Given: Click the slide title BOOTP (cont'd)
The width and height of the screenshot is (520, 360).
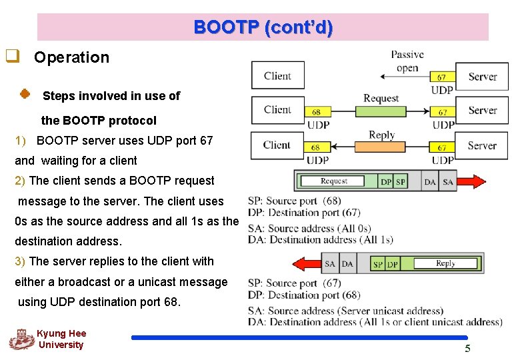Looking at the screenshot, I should pyautogui.click(x=263, y=27).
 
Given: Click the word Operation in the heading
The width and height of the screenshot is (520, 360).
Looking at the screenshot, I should pyautogui.click(x=71, y=57).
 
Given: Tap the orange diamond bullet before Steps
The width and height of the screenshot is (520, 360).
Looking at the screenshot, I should pyautogui.click(x=23, y=95).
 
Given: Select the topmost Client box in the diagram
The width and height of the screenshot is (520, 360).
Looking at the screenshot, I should pyautogui.click(x=277, y=75).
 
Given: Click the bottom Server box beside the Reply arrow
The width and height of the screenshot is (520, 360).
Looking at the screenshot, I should pyautogui.click(x=481, y=145).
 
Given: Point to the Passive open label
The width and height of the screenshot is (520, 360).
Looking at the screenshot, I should pyautogui.click(x=407, y=61).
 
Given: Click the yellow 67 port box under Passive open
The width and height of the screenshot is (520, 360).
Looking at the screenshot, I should pyautogui.click(x=442, y=77).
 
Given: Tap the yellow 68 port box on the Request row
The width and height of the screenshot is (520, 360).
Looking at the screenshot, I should pyautogui.click(x=316, y=112).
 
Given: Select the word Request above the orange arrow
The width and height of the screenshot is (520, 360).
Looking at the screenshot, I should pyautogui.click(x=381, y=99).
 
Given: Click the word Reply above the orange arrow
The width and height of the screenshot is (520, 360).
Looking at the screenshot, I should pyautogui.click(x=381, y=135).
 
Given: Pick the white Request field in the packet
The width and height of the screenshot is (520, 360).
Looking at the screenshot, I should pyautogui.click(x=333, y=181).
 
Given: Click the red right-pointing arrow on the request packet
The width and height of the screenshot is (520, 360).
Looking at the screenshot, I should pyautogui.click(x=472, y=181).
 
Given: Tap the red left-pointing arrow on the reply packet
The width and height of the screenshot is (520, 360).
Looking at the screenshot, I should pyautogui.click(x=307, y=264).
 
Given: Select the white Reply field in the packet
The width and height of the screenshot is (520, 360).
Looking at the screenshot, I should pyautogui.click(x=445, y=264).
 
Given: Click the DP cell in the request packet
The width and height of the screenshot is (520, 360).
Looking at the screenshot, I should pyautogui.click(x=386, y=181).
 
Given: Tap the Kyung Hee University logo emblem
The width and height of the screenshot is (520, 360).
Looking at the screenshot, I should pyautogui.click(x=21, y=339).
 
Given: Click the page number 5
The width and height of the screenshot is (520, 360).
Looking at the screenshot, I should pyautogui.click(x=467, y=349).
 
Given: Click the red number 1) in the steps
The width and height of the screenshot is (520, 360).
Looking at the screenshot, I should pyautogui.click(x=21, y=141).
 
